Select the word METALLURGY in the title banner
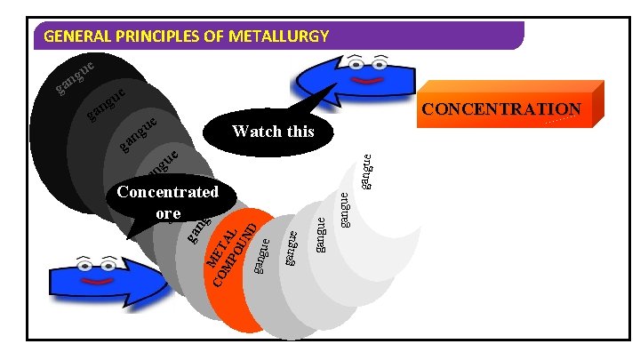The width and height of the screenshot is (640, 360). point(279,37)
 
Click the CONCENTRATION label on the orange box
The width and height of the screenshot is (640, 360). point(501,109)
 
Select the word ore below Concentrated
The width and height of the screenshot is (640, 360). point(167,213)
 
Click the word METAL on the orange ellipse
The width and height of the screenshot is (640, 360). point(220,249)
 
